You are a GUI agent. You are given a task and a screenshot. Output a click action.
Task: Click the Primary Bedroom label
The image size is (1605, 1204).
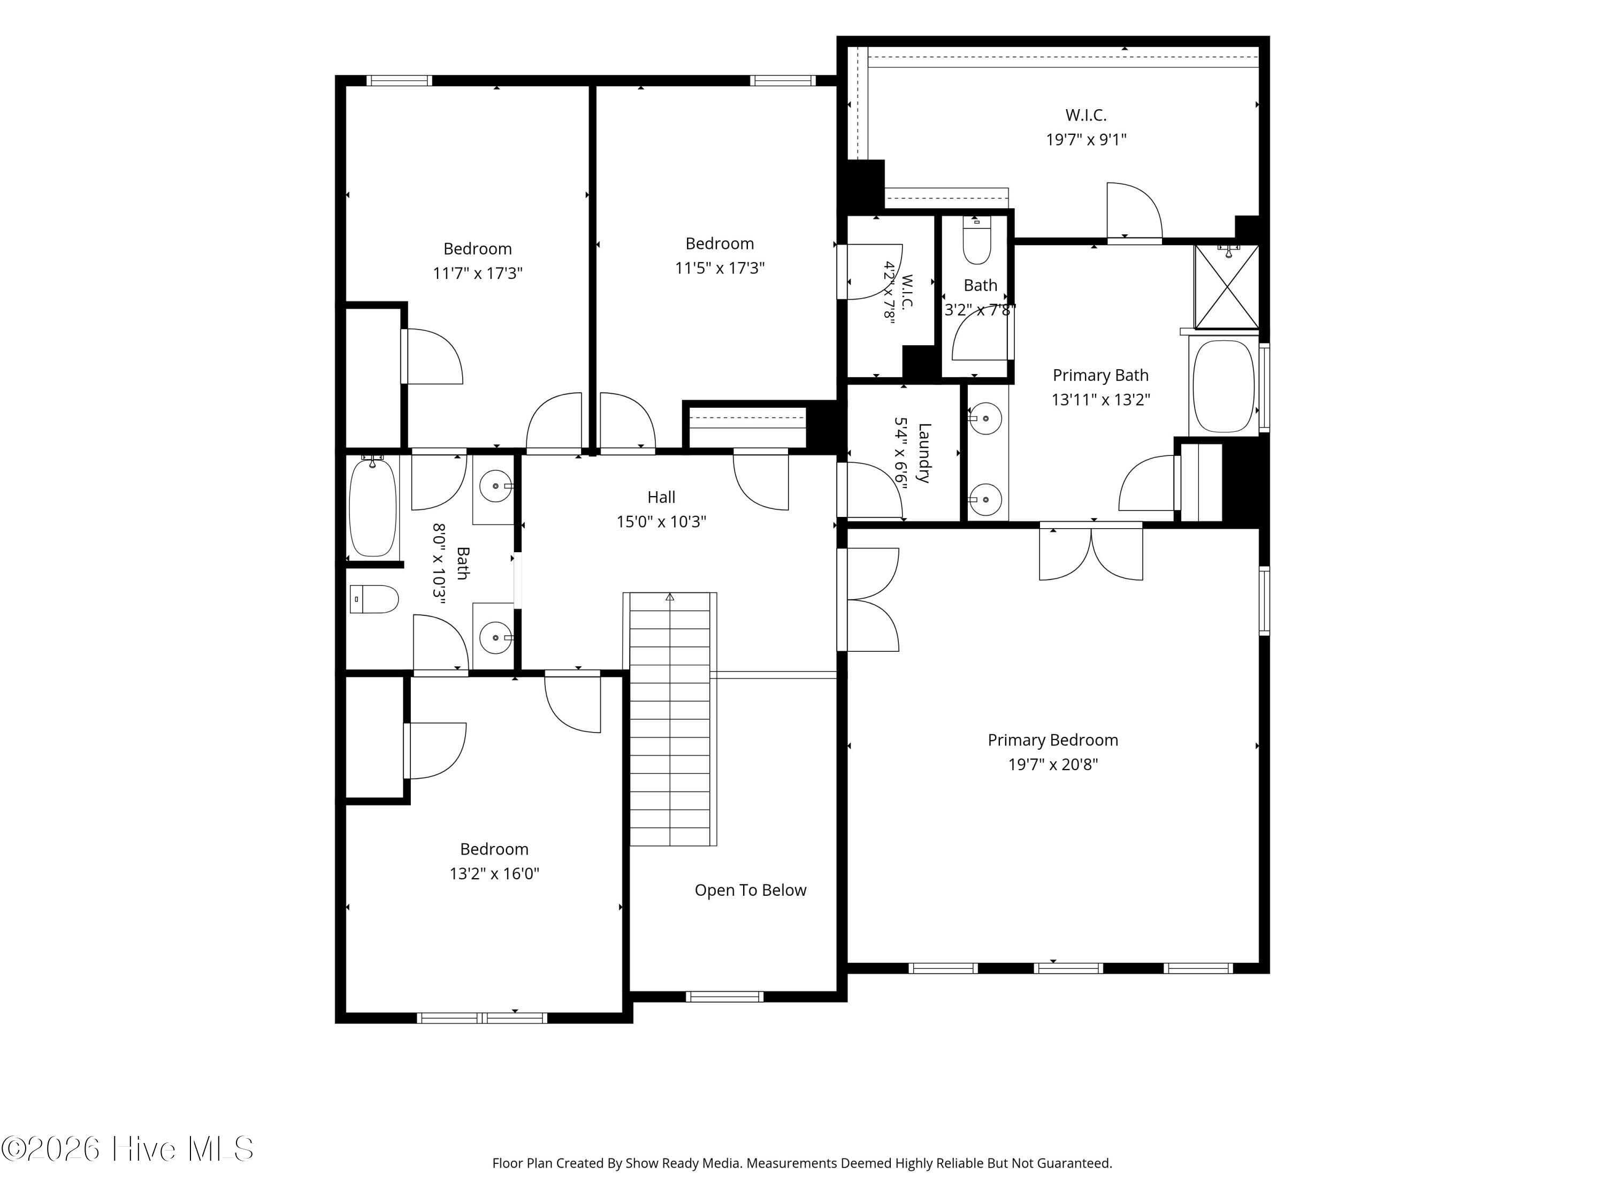tap(1052, 740)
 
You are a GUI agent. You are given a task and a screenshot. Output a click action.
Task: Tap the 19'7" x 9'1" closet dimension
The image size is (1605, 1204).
tap(1086, 139)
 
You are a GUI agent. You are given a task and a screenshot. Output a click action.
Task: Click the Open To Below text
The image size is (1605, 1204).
tap(750, 890)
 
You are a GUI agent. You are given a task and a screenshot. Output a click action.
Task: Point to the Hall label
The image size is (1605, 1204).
tap(661, 497)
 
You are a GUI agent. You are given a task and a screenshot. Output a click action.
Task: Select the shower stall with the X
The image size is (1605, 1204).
tap(1226, 287)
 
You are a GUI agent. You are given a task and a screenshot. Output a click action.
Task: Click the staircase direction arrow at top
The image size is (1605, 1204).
tap(670, 597)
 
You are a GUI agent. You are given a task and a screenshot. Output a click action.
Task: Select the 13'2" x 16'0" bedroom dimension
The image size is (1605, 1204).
tap(494, 874)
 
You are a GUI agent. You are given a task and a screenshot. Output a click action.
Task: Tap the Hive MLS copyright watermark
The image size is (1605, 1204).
tap(128, 1149)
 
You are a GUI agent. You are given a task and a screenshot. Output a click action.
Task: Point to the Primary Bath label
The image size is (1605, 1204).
tap(1100, 375)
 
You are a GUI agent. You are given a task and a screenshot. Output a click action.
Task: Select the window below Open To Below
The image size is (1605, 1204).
tap(725, 996)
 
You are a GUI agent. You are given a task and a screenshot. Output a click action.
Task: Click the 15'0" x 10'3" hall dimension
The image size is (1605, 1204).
tap(661, 522)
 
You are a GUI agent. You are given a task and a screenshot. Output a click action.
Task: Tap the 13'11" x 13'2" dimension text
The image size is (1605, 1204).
tap(1100, 400)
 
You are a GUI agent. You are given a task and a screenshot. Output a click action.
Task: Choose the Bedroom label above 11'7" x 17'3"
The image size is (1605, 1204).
tap(477, 249)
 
